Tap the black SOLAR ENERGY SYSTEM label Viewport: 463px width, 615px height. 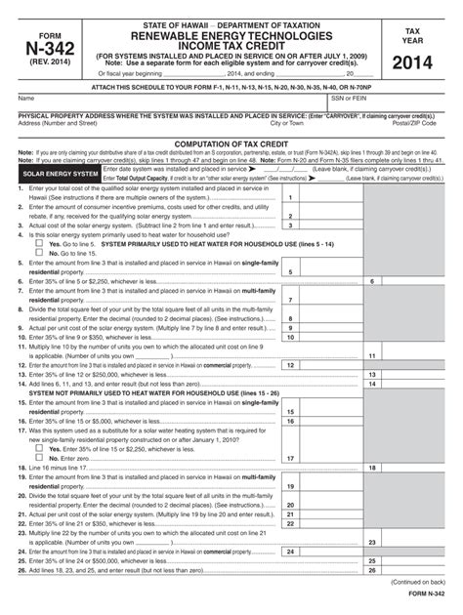59,173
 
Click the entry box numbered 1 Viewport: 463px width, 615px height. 290,198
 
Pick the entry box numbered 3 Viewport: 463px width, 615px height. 290,225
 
